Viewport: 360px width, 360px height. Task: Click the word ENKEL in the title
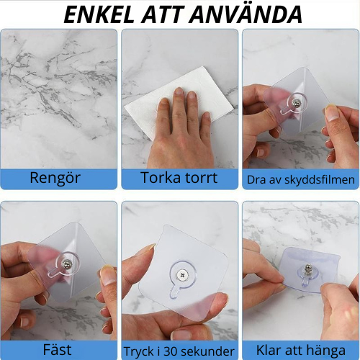point(104,14)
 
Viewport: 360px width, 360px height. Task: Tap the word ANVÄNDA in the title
point(249,14)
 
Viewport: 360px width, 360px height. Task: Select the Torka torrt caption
point(179,178)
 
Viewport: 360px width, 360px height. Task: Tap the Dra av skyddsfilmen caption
point(300,179)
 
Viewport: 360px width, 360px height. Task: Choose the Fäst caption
point(58,349)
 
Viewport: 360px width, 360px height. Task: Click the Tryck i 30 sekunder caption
point(179,350)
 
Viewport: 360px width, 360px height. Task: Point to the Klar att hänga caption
point(300,349)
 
